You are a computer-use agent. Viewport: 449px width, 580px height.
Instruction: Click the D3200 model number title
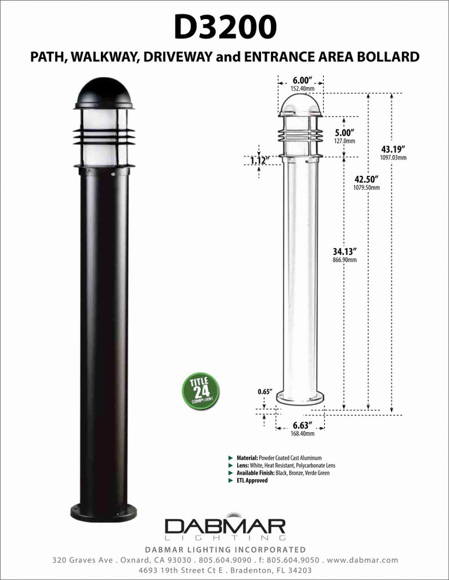pyautogui.click(x=225, y=27)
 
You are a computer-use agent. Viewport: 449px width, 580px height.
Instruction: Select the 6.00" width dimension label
pyautogui.click(x=303, y=80)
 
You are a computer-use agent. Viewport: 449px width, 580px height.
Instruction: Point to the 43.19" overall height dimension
pyautogui.click(x=393, y=149)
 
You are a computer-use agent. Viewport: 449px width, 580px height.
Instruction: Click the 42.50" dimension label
pyautogui.click(x=367, y=179)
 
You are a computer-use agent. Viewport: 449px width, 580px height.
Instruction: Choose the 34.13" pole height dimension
pyautogui.click(x=345, y=252)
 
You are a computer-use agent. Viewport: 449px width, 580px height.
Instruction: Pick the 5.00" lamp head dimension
pyautogui.click(x=345, y=132)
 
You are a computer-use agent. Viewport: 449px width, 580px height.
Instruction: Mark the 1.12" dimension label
pyautogui.click(x=260, y=161)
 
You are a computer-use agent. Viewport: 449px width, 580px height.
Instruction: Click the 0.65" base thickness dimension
pyautogui.click(x=265, y=391)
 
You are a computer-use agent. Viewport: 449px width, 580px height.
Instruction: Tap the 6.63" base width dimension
pyautogui.click(x=303, y=425)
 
